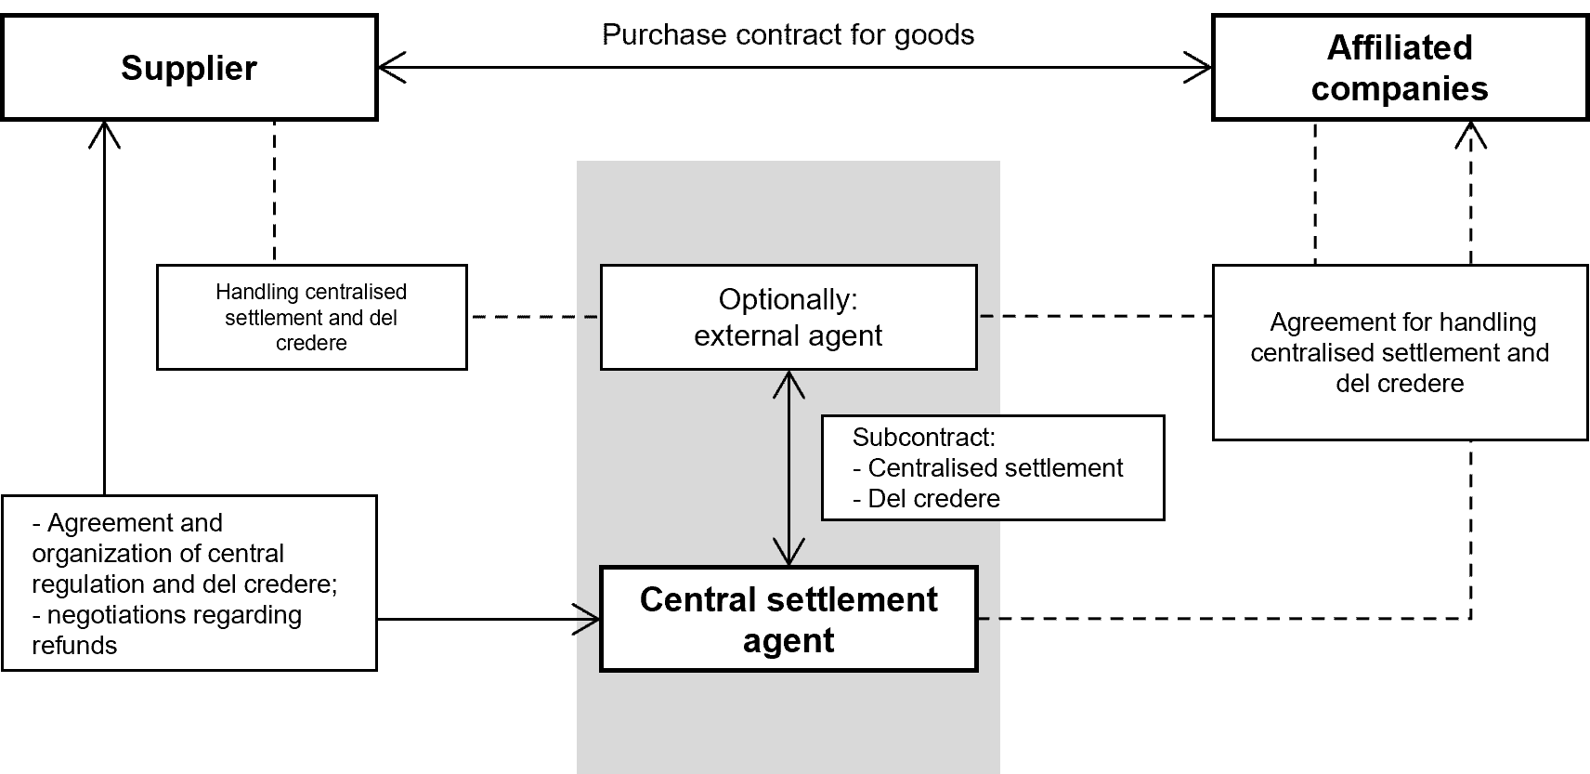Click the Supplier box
189,68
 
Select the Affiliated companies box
1400,68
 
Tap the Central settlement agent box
788,620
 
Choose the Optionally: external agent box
788,318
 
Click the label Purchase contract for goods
788,35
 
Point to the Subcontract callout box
992,468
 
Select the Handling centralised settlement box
311,318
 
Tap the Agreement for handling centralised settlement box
1400,353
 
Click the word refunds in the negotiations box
74,646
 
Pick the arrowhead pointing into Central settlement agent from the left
589,619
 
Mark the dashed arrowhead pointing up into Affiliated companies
1471,136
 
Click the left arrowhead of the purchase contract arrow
391,68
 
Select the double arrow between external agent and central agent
788,467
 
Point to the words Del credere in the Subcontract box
933,499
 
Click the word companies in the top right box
1400,89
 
